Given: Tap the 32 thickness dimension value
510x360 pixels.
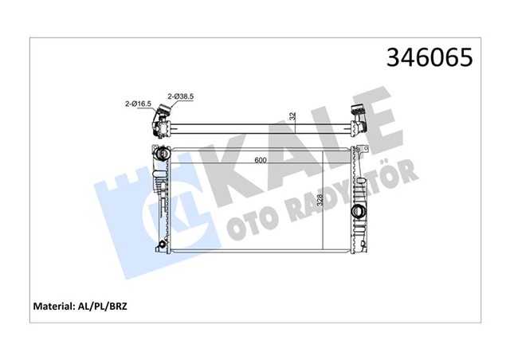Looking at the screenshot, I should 292,116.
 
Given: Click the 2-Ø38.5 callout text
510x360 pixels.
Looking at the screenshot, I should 181,96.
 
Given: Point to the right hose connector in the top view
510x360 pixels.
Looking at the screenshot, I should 358,123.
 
